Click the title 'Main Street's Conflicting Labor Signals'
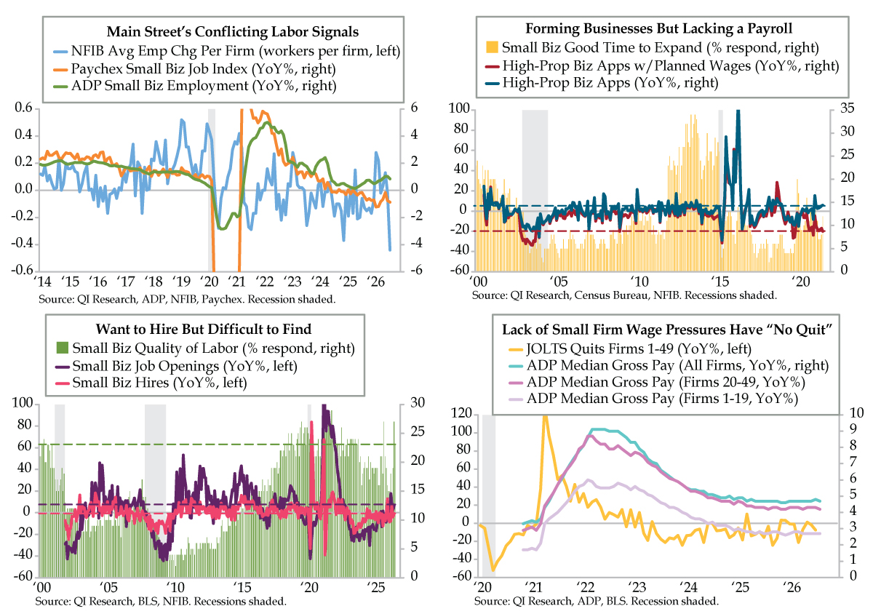233,31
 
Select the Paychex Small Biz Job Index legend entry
194,68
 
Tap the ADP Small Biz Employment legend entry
194,86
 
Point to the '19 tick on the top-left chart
181,282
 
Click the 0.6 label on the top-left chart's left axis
24,108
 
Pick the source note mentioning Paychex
187,300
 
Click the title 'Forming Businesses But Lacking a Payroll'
658,28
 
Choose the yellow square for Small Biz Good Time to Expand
493,47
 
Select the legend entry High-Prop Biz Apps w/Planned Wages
662,65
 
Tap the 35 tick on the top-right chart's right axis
847,108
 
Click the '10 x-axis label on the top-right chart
639,282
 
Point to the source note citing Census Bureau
624,295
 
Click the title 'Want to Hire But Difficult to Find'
204,330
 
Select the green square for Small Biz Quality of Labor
63,348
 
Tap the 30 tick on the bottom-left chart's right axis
418,403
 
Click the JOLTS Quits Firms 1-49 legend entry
630,349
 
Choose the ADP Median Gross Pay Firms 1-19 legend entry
653,399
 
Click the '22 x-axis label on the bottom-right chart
585,587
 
